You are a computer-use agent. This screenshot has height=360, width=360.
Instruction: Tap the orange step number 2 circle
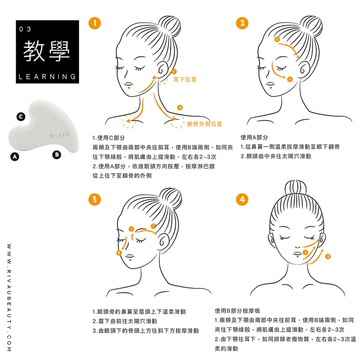[x=242, y=23]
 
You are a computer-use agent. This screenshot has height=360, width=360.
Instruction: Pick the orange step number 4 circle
[x=242, y=199]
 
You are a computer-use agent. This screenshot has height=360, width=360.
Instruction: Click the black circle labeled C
[x=21, y=117]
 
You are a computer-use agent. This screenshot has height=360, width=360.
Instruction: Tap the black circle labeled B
[x=56, y=155]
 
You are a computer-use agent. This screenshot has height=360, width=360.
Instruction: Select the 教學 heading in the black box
[x=46, y=51]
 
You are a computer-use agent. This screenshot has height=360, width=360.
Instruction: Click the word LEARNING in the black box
[x=47, y=77]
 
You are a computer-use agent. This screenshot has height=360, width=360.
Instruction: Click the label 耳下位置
[x=185, y=79]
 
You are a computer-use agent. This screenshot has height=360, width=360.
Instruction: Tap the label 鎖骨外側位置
[x=204, y=124]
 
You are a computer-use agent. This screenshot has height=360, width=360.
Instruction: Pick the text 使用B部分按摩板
[x=237, y=311]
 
